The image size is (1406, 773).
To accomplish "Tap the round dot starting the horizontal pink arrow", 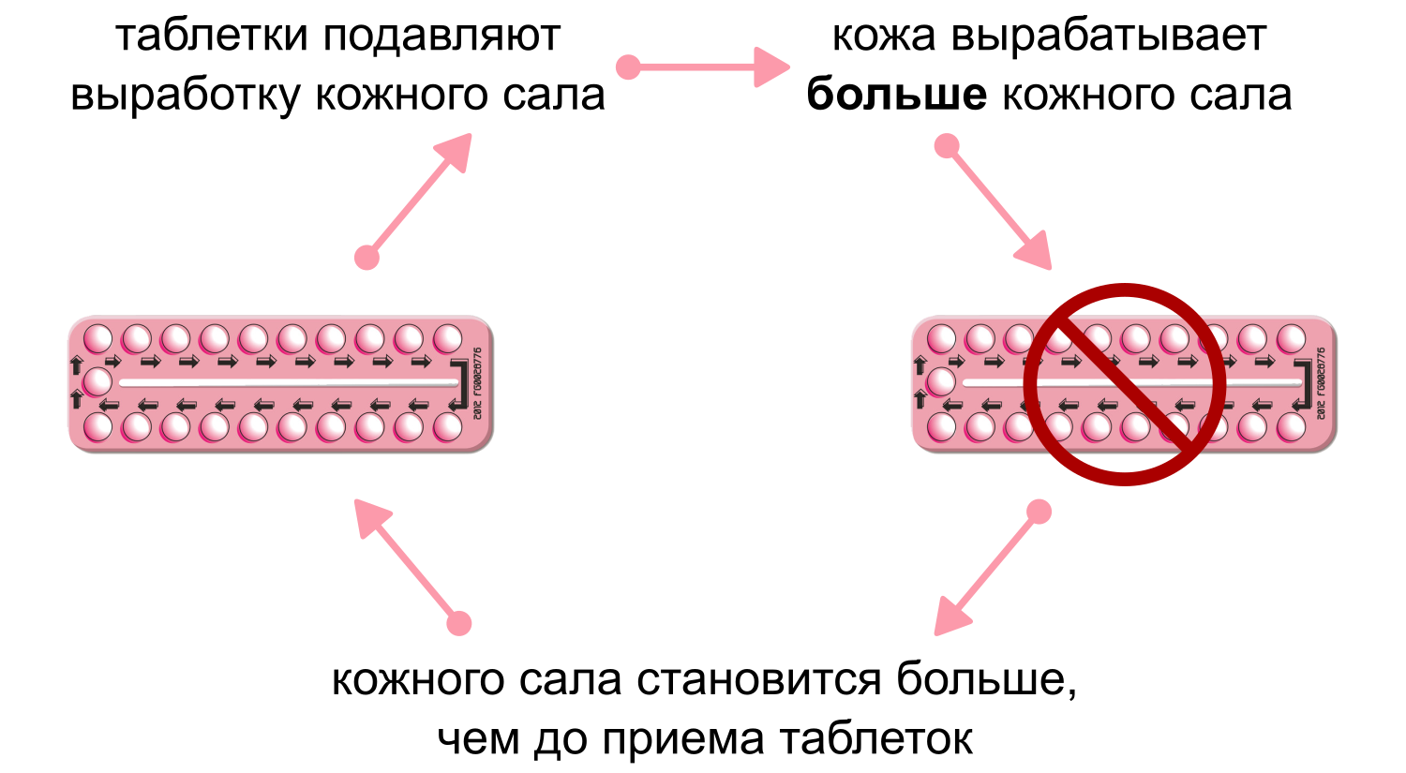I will (x=628, y=67).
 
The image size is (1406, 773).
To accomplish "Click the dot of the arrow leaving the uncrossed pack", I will (x=366, y=258).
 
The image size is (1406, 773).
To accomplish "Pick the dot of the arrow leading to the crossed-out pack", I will (x=947, y=146).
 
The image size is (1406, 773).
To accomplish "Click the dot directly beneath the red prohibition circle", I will (x=1039, y=511).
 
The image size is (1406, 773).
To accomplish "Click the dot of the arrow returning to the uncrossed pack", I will (x=459, y=623).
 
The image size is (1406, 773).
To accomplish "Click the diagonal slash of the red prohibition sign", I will (x=1125, y=384).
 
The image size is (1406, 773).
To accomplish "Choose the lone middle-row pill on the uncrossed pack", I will (x=97, y=382).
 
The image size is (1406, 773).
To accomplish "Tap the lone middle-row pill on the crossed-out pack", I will (x=941, y=382).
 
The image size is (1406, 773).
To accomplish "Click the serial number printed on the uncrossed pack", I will (x=477, y=384).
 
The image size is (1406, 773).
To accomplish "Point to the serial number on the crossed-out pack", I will (x=1321, y=384).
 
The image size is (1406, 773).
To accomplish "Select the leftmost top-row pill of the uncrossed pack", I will (x=98, y=338).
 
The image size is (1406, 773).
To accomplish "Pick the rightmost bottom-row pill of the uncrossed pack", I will (x=448, y=427).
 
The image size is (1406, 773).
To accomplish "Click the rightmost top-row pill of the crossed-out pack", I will (x=1292, y=338).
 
